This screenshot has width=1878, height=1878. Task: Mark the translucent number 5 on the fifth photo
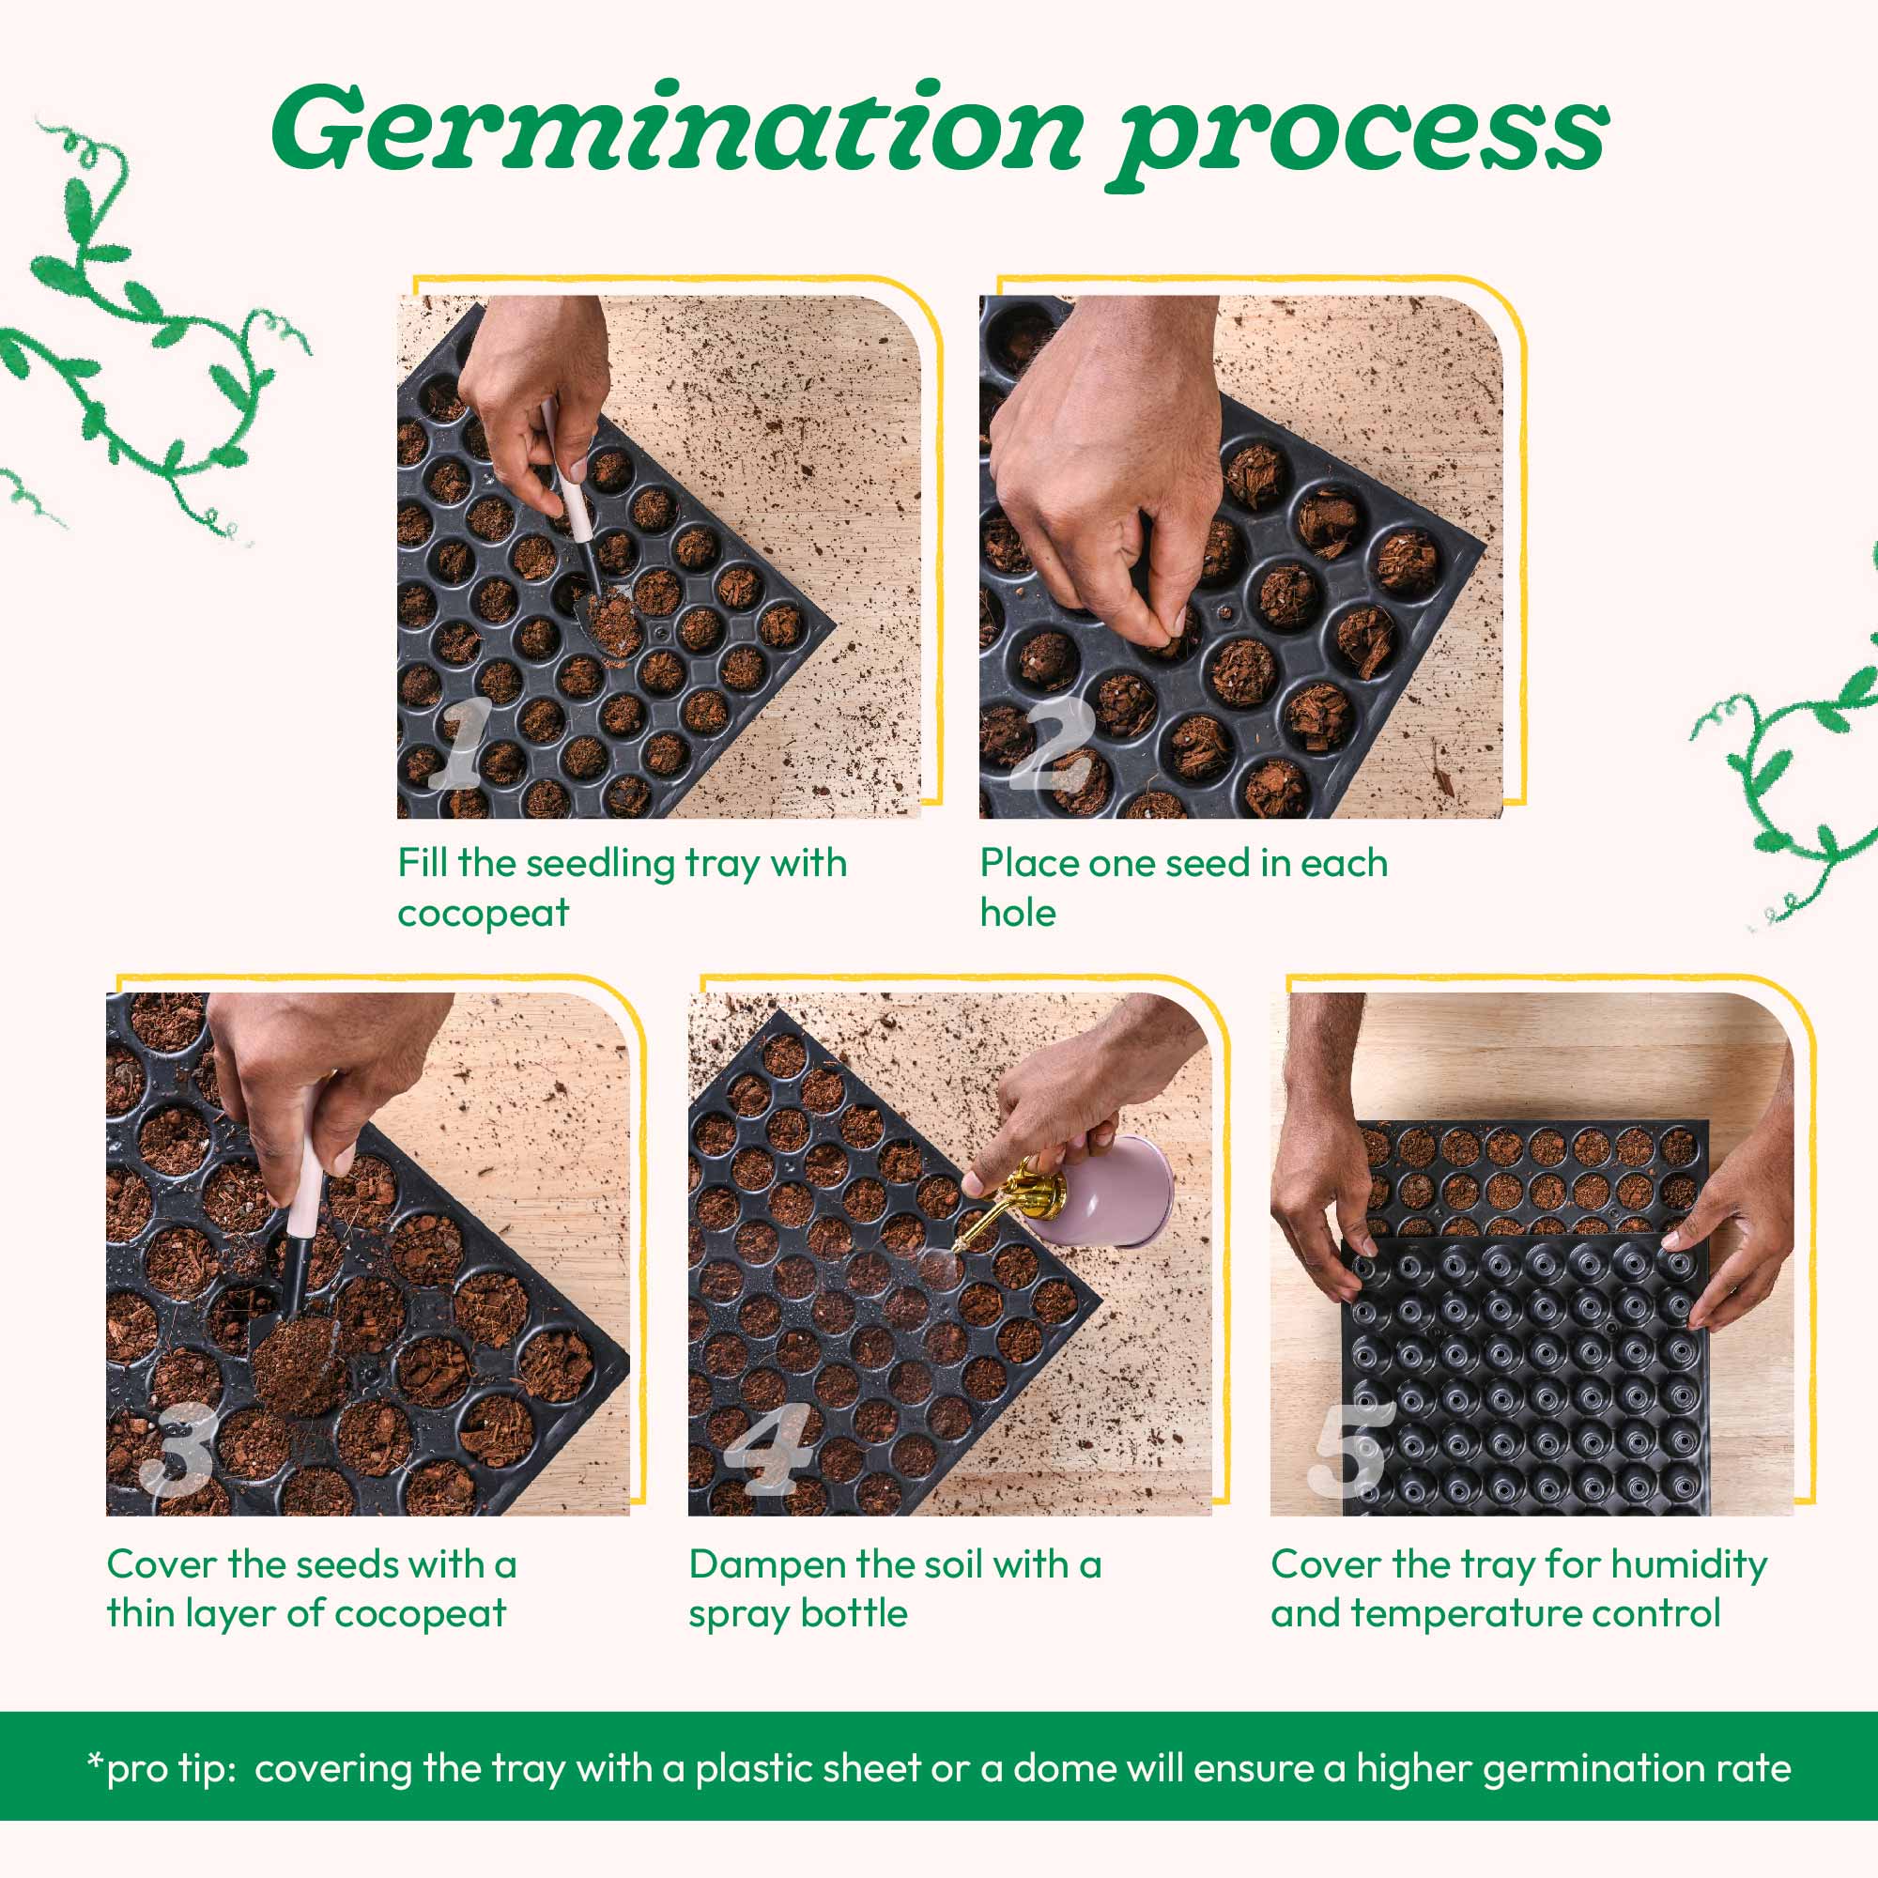tap(1349, 1449)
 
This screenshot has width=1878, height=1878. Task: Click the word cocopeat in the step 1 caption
tap(483, 914)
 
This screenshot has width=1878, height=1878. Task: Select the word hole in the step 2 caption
tap(1017, 914)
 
